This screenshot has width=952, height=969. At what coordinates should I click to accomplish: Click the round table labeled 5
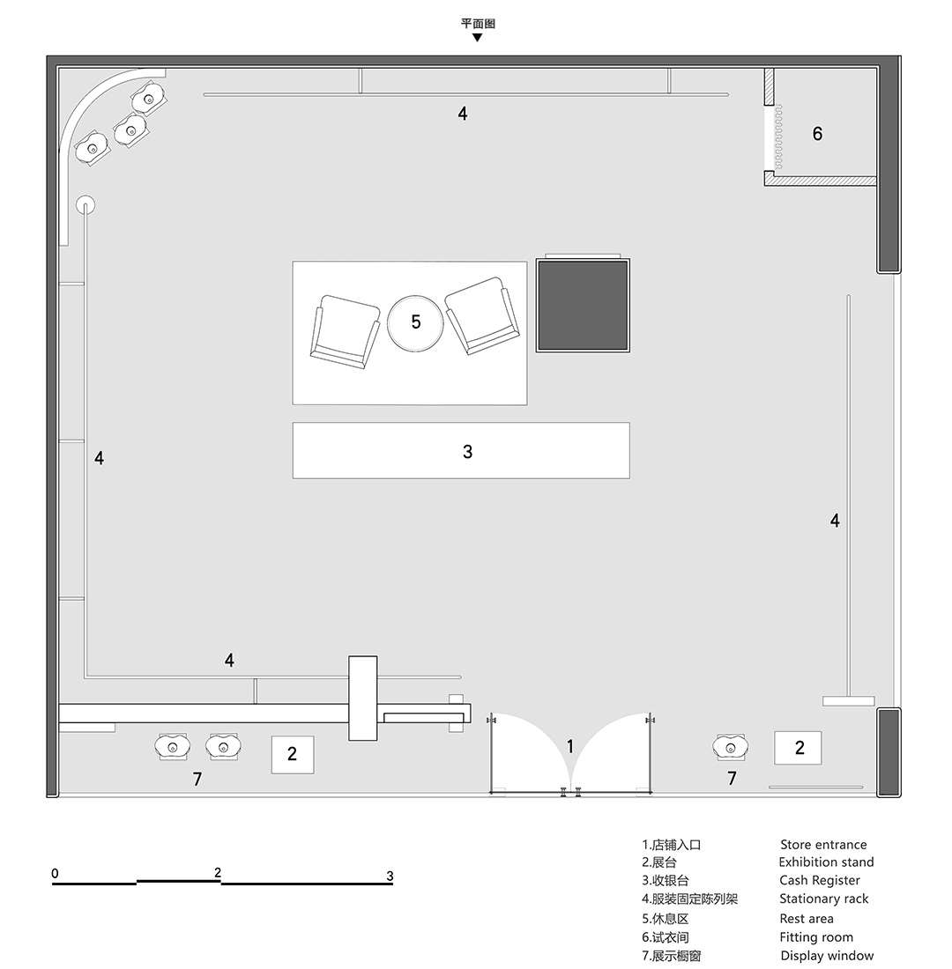coord(415,322)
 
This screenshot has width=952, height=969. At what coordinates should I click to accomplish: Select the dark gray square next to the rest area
coord(583,306)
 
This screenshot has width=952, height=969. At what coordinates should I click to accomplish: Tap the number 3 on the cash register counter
coord(468,452)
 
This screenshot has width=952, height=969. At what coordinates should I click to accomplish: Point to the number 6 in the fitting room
coord(817,134)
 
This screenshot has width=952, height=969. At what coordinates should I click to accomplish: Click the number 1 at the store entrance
coord(570,746)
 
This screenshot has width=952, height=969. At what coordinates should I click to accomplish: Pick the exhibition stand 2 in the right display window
coord(798,748)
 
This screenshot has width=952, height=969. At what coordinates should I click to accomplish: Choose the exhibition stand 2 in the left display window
coord(293,755)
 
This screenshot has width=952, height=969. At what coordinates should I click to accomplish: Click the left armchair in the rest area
coord(346,332)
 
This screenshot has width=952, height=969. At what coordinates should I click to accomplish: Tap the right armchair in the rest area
coord(482,315)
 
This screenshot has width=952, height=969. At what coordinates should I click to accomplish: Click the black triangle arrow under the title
coord(477,38)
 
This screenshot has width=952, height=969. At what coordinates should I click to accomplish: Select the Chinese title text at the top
coord(478,24)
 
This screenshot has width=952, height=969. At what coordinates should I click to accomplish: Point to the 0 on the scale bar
coord(55,873)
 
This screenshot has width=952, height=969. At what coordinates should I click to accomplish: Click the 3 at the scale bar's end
coord(390,876)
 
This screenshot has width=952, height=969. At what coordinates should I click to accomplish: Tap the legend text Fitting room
coord(816,937)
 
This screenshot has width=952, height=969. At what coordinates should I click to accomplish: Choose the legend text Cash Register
coord(820,880)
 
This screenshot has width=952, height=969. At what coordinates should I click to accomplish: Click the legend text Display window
coord(827,956)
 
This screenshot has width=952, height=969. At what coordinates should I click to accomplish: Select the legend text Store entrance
coord(823,844)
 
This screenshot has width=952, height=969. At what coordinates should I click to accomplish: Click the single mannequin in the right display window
coord(731,748)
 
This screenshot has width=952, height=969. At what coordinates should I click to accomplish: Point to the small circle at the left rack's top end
coord(86,204)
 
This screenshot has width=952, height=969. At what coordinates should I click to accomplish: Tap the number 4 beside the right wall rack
coord(835,521)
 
